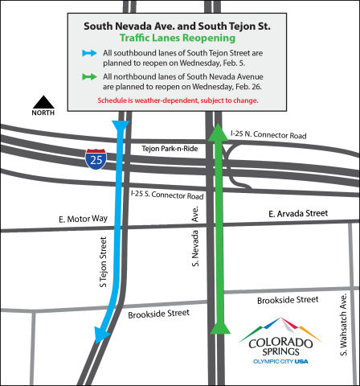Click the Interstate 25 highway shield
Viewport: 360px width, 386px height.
pyautogui.click(x=94, y=158)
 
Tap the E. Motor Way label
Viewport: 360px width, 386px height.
pyautogui.click(x=82, y=219)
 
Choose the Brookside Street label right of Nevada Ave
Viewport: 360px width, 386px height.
pyautogui.click(x=288, y=299)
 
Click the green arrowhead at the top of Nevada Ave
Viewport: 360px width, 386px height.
pyautogui.click(x=217, y=132)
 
